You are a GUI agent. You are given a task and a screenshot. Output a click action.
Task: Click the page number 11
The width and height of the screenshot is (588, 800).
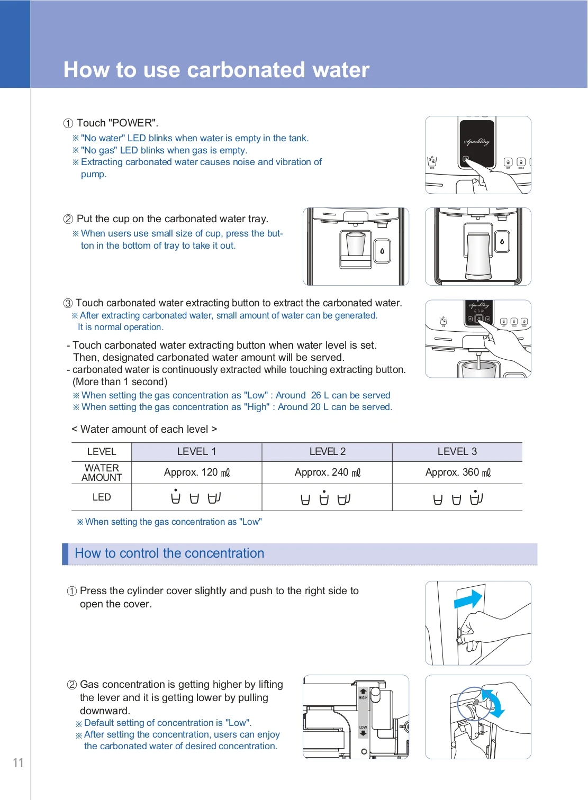(18, 762)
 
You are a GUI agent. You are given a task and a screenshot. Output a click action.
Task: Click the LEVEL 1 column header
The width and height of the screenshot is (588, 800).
(196, 451)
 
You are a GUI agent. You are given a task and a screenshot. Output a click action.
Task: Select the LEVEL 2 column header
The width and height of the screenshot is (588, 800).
(327, 451)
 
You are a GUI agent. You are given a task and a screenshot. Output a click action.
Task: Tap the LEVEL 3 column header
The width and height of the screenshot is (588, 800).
(457, 451)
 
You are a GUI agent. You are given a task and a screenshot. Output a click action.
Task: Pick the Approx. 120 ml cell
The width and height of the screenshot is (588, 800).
(196, 472)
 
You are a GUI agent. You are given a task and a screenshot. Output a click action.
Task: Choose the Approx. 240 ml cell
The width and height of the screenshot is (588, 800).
(327, 472)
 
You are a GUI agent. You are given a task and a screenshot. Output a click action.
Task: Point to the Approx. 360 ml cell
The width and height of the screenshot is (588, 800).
(457, 472)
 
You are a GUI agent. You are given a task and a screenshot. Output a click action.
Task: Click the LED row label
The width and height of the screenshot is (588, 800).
(102, 497)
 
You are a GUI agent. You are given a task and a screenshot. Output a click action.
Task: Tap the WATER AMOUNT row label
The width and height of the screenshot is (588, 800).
(102, 472)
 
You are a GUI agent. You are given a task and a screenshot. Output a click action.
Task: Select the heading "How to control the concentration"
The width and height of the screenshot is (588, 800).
(169, 553)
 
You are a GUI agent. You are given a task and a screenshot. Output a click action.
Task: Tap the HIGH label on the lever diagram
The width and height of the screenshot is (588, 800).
(363, 697)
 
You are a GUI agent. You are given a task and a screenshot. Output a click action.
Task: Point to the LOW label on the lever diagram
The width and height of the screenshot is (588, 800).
(363, 728)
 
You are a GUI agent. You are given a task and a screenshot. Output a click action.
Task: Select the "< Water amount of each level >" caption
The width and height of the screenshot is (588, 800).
(144, 429)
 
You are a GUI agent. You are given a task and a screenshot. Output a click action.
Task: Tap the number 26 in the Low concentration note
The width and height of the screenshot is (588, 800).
(316, 395)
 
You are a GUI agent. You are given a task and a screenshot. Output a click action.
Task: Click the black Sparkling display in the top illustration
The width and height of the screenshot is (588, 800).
(477, 142)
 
